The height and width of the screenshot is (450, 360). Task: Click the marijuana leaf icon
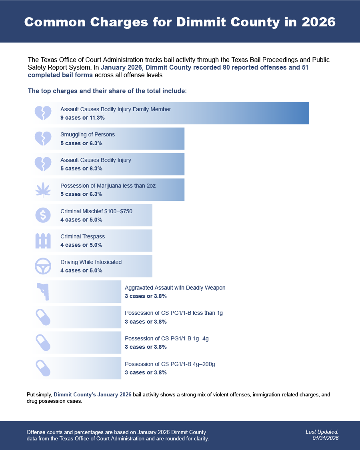[x=43, y=190]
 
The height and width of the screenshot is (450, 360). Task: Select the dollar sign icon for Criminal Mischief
[x=43, y=215]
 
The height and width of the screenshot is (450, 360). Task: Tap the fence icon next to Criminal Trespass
[x=43, y=240]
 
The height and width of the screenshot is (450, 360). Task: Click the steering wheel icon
[x=43, y=266]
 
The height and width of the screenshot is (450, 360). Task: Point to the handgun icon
[x=43, y=292]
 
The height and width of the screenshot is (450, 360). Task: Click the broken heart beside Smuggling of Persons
[x=43, y=138]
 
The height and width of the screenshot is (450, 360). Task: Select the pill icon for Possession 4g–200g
[x=43, y=368]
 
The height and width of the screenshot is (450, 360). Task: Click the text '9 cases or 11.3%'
[x=82, y=118]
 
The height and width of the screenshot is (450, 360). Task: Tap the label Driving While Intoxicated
[x=91, y=262]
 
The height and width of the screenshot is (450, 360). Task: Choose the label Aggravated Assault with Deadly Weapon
[x=175, y=288]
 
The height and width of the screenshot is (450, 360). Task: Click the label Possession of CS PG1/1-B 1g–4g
[x=167, y=339]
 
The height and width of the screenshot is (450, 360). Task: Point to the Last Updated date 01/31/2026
[x=326, y=438]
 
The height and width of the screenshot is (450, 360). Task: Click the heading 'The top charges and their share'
[x=107, y=91]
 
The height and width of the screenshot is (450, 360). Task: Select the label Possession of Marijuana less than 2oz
[x=108, y=186]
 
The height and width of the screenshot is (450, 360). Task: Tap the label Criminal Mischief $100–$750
[x=96, y=211]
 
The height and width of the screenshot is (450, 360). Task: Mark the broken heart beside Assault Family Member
[x=43, y=113]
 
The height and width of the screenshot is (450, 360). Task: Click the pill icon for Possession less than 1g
[x=43, y=317]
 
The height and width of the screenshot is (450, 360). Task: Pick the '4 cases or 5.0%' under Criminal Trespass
[x=81, y=245]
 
